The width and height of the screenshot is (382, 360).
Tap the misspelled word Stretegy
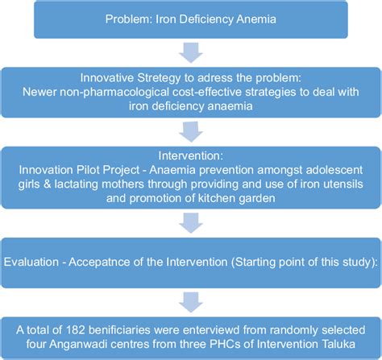(159, 78)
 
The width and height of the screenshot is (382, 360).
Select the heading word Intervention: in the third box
(190, 155)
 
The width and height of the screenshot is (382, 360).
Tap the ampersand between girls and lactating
(47, 184)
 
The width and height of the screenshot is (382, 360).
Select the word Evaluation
(31, 262)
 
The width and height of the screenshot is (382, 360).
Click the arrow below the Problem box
(191, 52)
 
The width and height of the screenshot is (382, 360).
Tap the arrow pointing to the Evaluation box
(191, 223)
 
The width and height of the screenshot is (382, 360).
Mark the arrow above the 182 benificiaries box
(191, 302)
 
